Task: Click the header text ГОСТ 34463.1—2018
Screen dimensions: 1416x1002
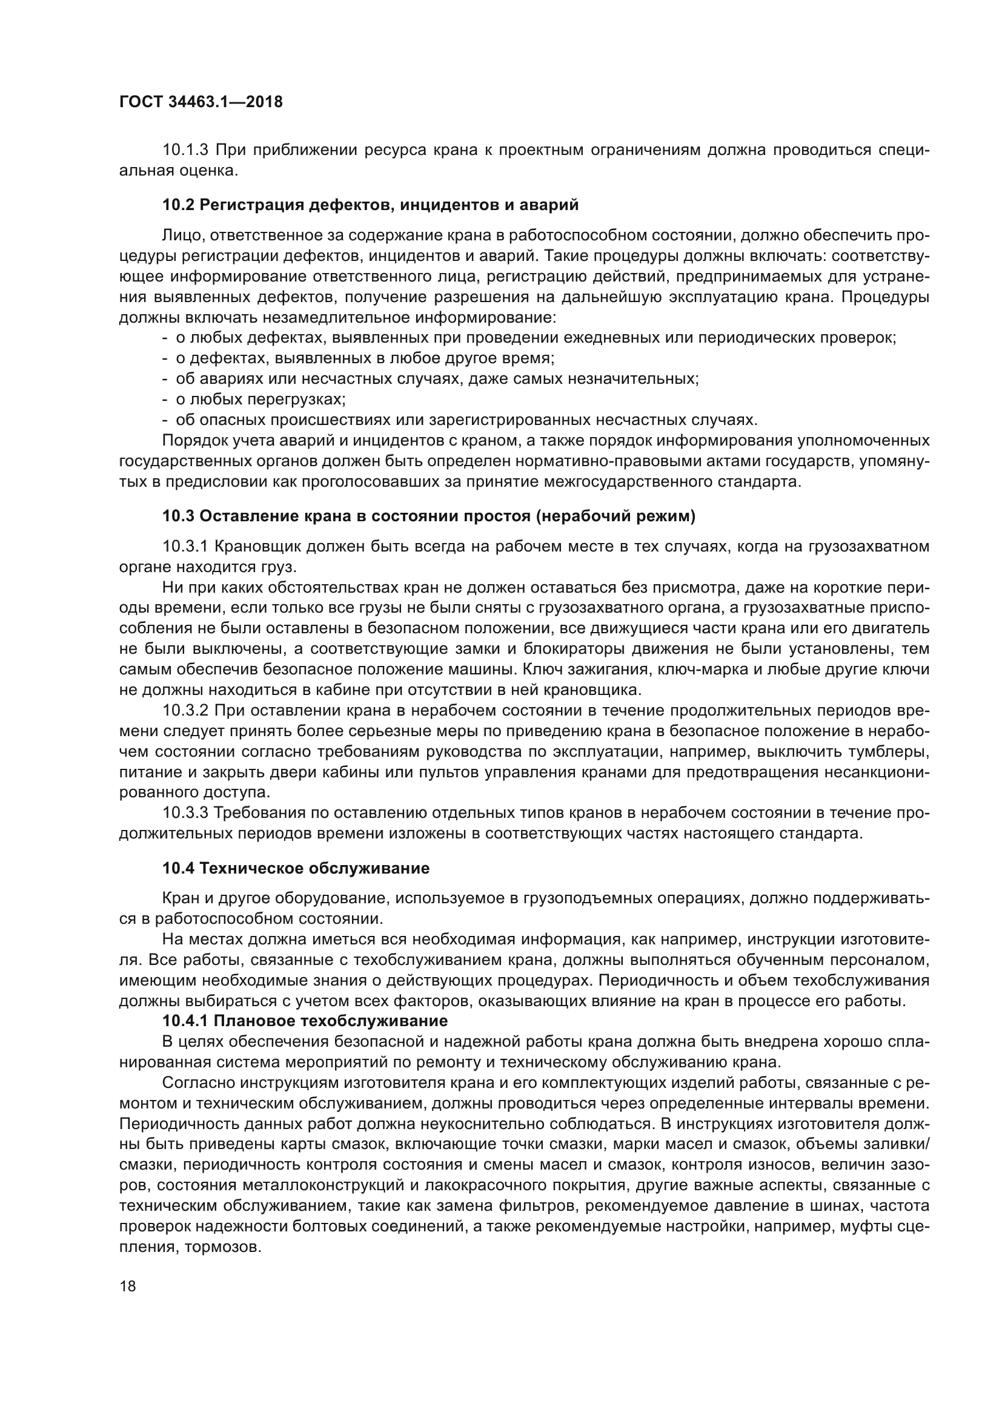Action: coord(201,102)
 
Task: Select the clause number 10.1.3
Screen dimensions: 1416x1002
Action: coord(186,151)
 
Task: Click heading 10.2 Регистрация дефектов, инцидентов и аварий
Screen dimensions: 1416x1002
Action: coord(370,205)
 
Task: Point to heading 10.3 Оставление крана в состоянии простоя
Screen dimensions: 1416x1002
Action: coord(428,517)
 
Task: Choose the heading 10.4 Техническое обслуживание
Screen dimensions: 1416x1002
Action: coord(296,869)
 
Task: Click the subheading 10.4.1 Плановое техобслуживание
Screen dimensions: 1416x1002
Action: coord(305,1021)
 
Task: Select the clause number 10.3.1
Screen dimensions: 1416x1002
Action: coord(186,547)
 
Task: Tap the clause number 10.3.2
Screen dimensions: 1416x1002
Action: coord(186,711)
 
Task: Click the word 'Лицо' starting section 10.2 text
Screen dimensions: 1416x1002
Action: coord(179,235)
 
